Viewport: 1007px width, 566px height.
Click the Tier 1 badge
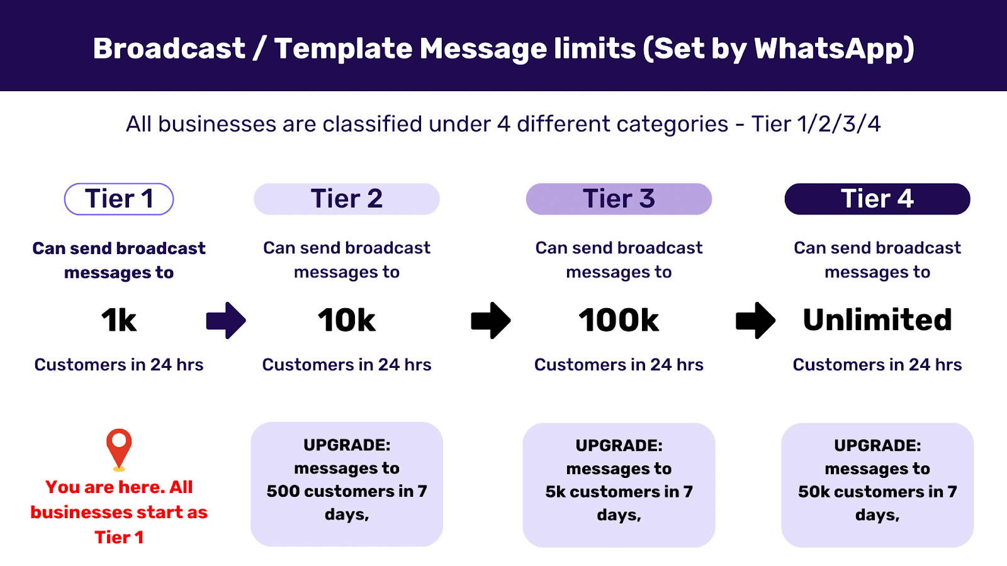(x=119, y=199)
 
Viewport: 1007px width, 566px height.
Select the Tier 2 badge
(x=347, y=199)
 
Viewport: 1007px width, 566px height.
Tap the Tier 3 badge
(x=619, y=199)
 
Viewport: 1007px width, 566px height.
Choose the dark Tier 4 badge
(x=877, y=199)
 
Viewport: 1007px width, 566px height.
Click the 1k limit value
(x=119, y=320)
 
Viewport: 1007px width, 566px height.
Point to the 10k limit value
(x=347, y=320)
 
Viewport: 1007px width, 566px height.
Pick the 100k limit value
(x=619, y=320)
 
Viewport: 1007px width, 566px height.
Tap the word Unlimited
(x=877, y=319)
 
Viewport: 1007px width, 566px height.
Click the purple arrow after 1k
(x=226, y=320)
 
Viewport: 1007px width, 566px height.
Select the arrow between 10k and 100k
(x=491, y=320)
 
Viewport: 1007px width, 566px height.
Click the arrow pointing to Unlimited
(x=756, y=320)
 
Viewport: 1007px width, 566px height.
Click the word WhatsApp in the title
(x=833, y=48)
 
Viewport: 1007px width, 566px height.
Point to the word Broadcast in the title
(x=169, y=48)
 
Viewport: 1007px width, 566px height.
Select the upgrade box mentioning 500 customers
(x=347, y=484)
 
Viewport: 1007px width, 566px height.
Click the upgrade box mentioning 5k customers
(x=619, y=484)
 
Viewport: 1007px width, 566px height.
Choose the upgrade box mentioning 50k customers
(x=877, y=484)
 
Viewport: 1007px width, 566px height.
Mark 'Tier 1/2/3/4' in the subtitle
(x=816, y=124)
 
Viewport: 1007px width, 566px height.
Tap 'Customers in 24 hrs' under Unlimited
(x=877, y=365)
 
